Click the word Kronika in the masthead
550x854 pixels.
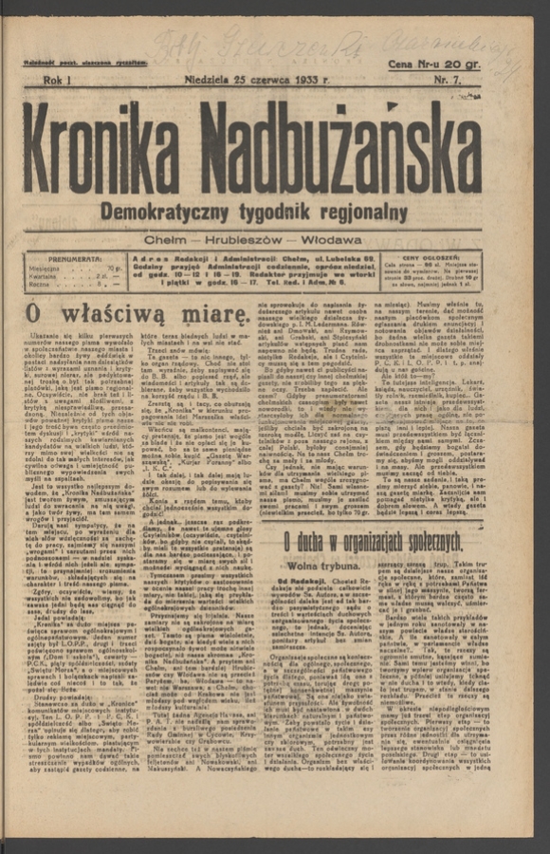click(x=116, y=147)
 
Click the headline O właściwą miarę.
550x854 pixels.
click(x=137, y=313)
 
